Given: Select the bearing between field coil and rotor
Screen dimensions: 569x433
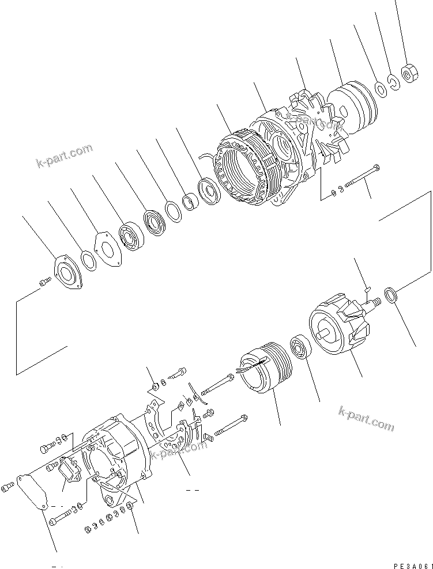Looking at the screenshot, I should (x=301, y=348).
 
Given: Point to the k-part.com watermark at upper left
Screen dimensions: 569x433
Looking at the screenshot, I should (x=63, y=155).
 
